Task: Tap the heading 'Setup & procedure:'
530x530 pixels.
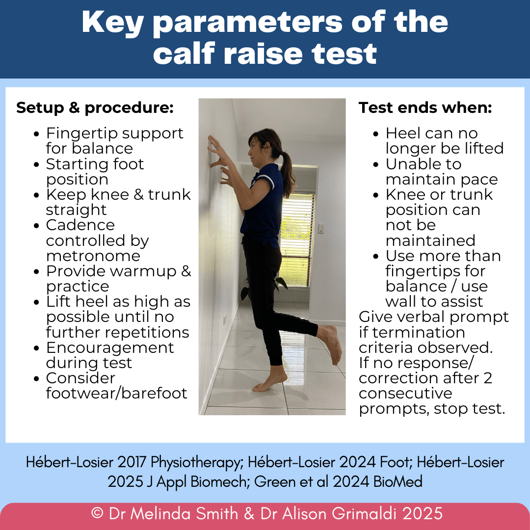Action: tap(95, 108)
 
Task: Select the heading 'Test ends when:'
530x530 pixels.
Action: tap(425, 108)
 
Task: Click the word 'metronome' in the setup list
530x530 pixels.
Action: tap(93, 256)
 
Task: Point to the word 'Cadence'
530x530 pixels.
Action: tap(80, 225)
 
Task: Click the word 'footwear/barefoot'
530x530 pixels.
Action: tap(117, 394)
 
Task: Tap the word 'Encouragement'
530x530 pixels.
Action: tap(110, 347)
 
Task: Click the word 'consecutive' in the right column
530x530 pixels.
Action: tap(405, 394)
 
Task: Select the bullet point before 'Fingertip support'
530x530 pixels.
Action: tap(38, 133)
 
